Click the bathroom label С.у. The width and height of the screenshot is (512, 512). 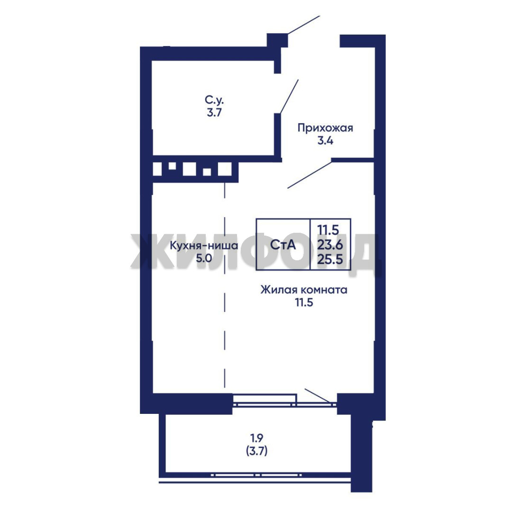coord(215,99)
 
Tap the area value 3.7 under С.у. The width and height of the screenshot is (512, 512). coord(214,112)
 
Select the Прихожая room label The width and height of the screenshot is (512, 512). coord(325,128)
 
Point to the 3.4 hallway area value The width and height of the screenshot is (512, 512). coord(325,141)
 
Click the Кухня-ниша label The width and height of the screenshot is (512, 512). coord(204,246)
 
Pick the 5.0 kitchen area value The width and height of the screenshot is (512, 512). coord(204,259)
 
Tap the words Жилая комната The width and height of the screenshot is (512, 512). coord(304,290)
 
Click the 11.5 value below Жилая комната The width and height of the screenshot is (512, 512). coord(304,302)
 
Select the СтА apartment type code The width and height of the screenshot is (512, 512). coord(283,245)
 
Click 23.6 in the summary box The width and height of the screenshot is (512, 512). coord(330,245)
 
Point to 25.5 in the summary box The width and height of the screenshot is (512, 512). coord(330,259)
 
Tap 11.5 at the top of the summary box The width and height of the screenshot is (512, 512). coord(329,230)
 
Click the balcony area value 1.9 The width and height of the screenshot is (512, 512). coord(256,437)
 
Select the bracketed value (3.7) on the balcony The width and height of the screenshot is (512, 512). coord(256,451)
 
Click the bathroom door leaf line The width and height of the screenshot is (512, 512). coord(289,96)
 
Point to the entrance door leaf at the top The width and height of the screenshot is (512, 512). coord(304,25)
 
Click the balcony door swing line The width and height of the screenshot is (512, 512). coord(317,395)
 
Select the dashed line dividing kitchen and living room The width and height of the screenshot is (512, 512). coord(225,284)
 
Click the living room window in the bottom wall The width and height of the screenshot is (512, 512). coord(285,400)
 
